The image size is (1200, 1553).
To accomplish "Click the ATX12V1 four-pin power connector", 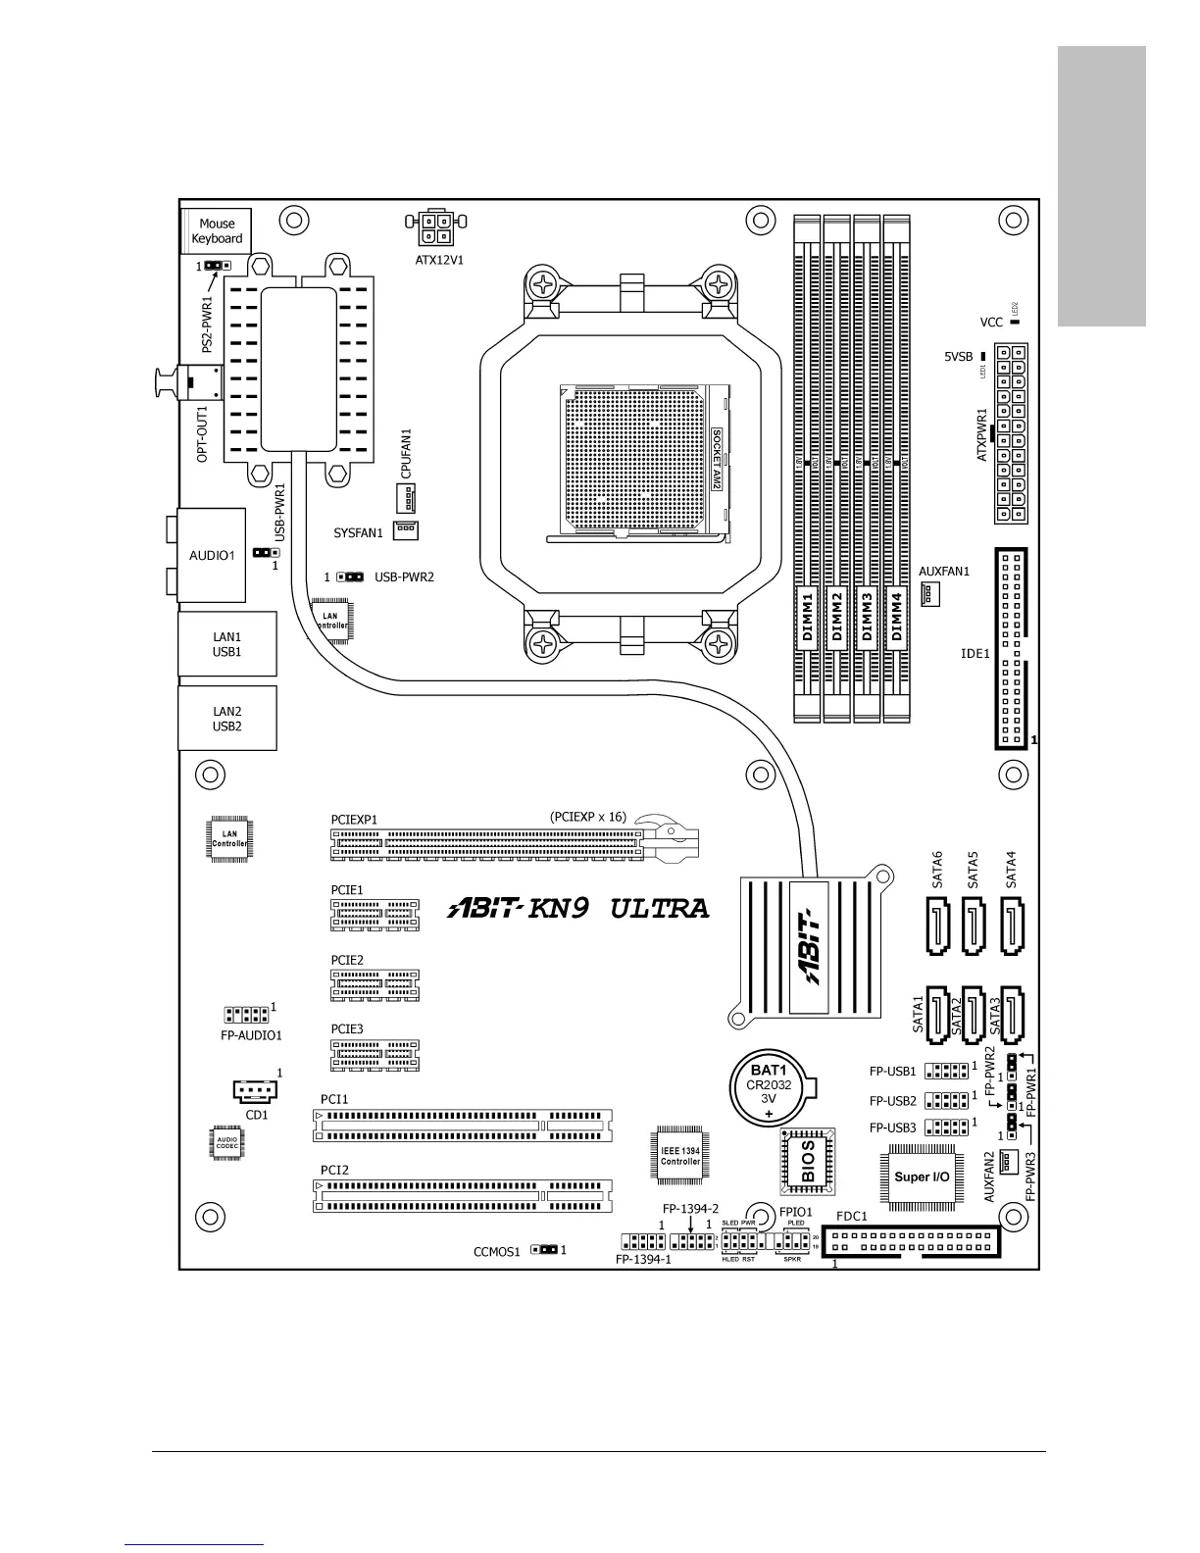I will click(x=434, y=229).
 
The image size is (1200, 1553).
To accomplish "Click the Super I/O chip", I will click(x=922, y=1176).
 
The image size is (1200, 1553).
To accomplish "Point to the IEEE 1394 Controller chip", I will click(x=680, y=1155).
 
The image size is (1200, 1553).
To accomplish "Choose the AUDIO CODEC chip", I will click(x=227, y=1144).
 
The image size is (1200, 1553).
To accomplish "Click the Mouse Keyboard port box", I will click(x=217, y=231).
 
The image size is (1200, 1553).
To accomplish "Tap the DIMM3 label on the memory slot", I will click(x=867, y=617).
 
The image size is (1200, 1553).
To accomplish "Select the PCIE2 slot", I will click(x=374, y=985).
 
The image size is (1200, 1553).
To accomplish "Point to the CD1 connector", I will click(x=255, y=1091).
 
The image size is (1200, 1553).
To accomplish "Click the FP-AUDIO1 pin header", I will click(x=246, y=1015).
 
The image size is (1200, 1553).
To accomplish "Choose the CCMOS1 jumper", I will click(x=544, y=1249).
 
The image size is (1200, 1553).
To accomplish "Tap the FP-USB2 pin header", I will click(x=946, y=1101).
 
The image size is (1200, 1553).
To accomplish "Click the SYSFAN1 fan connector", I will click(x=406, y=529).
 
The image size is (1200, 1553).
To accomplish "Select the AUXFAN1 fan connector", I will click(x=929, y=594).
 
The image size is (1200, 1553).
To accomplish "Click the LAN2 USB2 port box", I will click(x=226, y=719).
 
